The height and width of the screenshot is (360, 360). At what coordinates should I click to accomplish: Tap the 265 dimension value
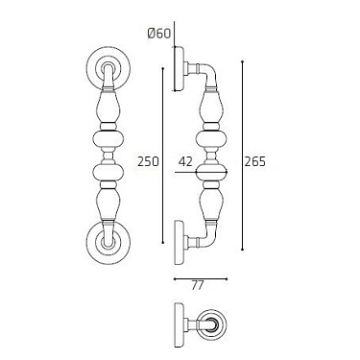point(254,162)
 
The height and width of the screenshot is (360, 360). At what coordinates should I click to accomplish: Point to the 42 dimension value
point(187,162)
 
